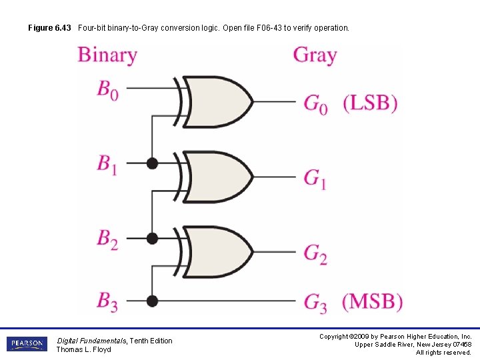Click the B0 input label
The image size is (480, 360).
tap(108, 89)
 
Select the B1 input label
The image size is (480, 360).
tap(107, 165)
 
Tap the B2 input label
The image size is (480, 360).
tap(108, 239)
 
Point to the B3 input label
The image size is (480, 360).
tap(108, 301)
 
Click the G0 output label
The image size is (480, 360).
tap(316, 104)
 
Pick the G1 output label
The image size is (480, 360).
tap(315, 179)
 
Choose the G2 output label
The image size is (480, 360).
tap(315, 253)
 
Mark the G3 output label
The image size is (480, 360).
tap(315, 303)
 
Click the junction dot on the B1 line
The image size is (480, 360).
tap(152, 163)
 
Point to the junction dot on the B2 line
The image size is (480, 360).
tap(152, 238)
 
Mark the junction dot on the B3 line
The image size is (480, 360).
tap(152, 300)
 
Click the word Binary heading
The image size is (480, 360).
tap(107, 55)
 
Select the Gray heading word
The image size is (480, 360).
tap(315, 55)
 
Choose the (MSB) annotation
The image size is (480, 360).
tap(373, 301)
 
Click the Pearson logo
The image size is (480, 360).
tap(27, 344)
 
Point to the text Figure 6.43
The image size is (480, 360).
tap(49, 28)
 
